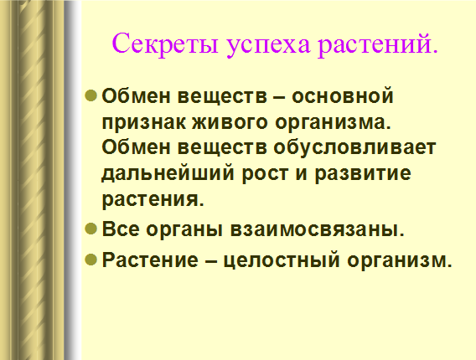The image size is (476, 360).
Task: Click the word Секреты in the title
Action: point(165,44)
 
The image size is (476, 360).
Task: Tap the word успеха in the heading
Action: point(268,46)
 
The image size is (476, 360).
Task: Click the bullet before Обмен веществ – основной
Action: point(91,95)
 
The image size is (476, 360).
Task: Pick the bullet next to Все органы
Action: point(91,229)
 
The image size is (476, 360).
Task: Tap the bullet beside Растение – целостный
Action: point(91,260)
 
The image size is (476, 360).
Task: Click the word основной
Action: point(343,95)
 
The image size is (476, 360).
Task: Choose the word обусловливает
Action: point(354,148)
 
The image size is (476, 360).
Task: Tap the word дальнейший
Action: point(168,174)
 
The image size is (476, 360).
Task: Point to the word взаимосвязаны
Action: point(317,229)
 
